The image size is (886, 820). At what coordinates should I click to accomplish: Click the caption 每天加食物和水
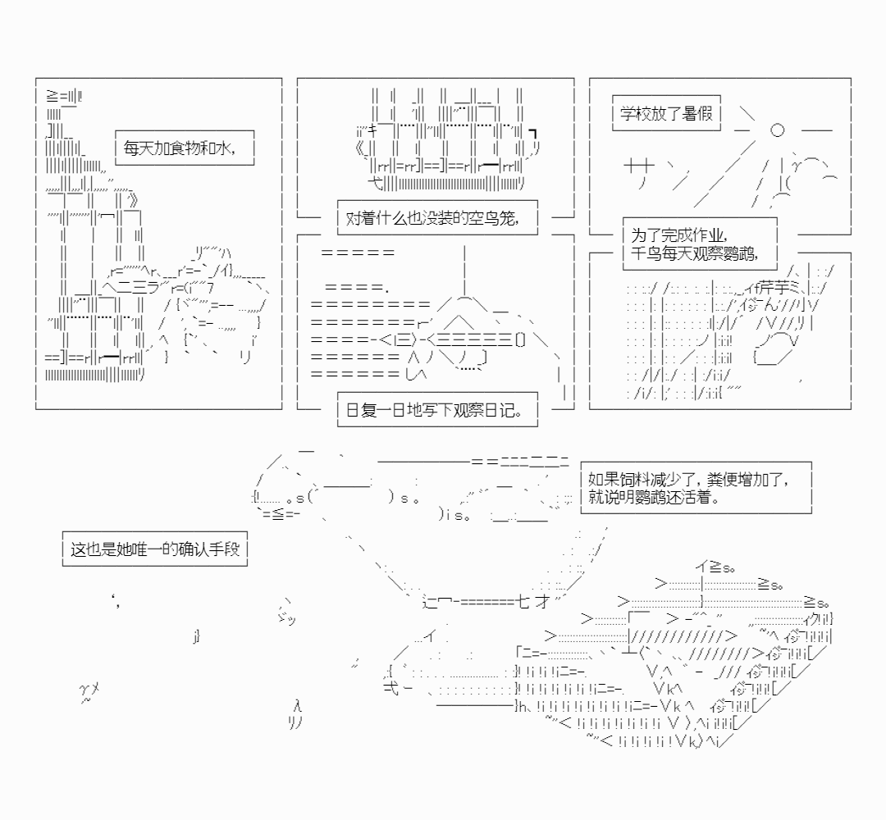pyautogui.click(x=180, y=149)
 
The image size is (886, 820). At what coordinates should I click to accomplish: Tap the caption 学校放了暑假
pyautogui.click(x=667, y=112)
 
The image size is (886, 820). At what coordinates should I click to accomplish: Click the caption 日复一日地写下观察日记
pyautogui.click(x=437, y=409)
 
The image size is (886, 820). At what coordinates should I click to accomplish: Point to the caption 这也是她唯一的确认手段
pyautogui.click(x=155, y=549)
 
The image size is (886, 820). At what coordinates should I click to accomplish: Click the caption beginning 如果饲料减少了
pyautogui.click(x=696, y=487)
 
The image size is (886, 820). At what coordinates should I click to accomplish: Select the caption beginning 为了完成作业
pyautogui.click(x=692, y=244)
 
